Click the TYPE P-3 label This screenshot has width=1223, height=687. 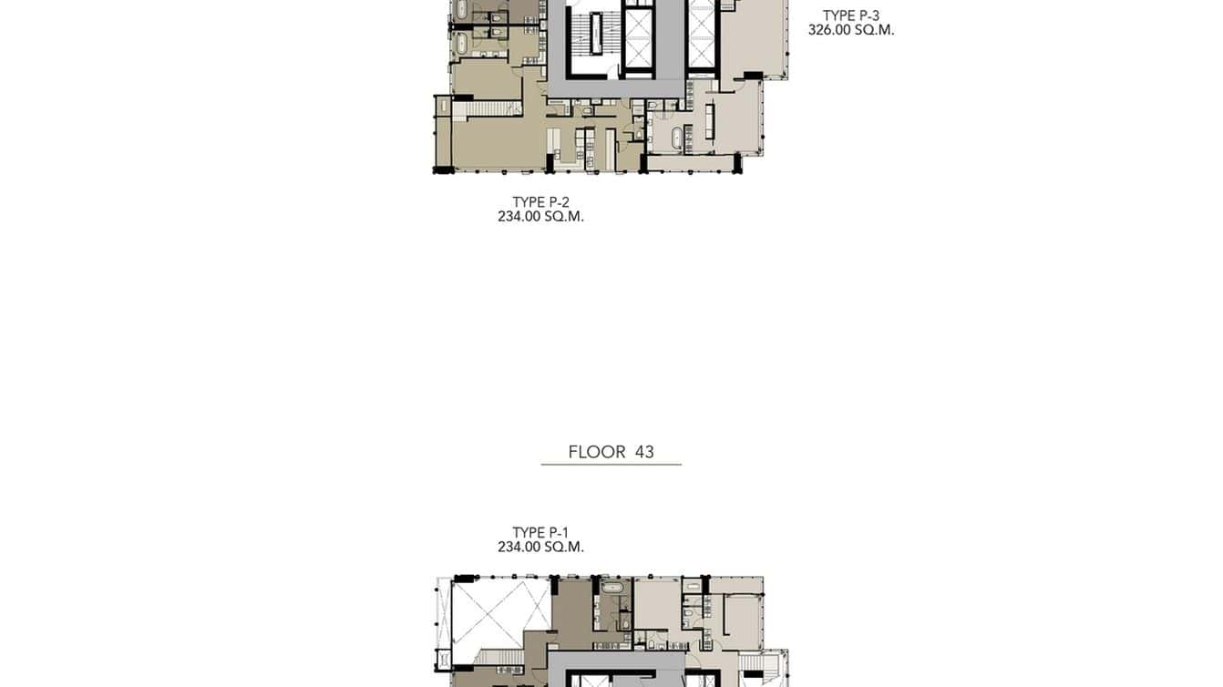[x=850, y=15]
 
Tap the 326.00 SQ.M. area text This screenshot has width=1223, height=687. [x=850, y=30]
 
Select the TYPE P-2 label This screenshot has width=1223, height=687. [x=540, y=202]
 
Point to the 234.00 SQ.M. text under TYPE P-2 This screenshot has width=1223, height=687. [x=540, y=217]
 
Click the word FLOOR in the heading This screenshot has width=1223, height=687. [x=597, y=452]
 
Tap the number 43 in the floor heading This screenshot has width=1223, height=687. [x=644, y=452]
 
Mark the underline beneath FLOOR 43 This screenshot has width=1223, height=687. [x=611, y=465]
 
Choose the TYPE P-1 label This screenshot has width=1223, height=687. [x=540, y=533]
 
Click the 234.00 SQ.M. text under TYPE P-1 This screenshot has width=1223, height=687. [x=540, y=548]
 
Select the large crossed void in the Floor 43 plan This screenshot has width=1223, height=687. [x=501, y=611]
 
